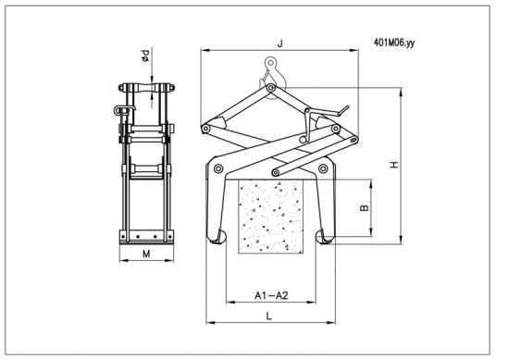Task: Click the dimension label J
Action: tap(280, 43)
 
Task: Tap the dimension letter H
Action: tap(394, 165)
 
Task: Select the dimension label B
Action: tap(365, 207)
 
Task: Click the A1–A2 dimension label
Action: tap(271, 295)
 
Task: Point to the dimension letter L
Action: tap(268, 316)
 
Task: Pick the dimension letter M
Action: tap(147, 254)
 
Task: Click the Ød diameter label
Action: tap(145, 56)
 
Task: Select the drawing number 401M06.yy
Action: tap(394, 43)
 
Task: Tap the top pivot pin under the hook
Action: tap(270, 88)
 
